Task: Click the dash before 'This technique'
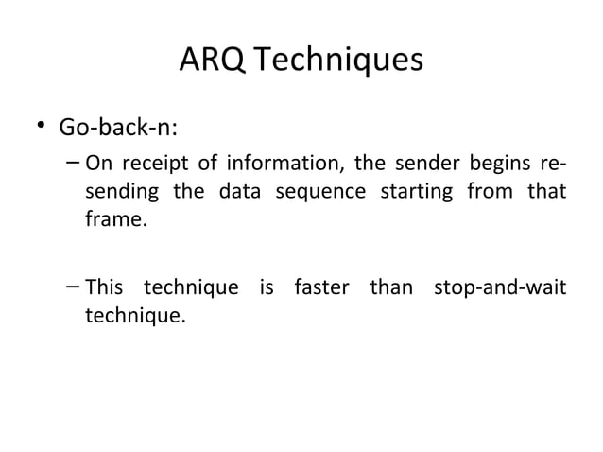(x=74, y=287)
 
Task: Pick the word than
(x=390, y=287)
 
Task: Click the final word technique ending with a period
(x=135, y=315)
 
